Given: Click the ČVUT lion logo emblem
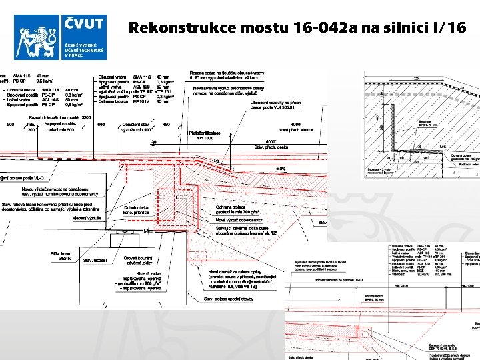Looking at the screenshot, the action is pos(37,37).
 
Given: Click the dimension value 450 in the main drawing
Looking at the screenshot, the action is pos(166,125).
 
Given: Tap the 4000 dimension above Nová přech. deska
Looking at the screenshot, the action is pos(296,125).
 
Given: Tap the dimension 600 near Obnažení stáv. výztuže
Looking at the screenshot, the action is pos(101,125).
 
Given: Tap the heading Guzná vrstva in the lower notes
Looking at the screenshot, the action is pos(145,273).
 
